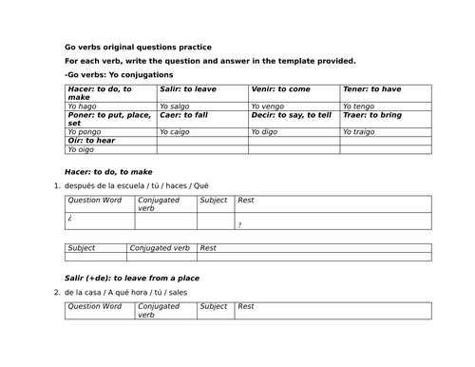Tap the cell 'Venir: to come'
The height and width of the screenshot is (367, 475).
[x=280, y=89]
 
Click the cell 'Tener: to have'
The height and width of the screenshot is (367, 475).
[x=371, y=89]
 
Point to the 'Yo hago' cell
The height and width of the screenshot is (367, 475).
[x=84, y=106]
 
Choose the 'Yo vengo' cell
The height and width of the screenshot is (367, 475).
[x=269, y=106]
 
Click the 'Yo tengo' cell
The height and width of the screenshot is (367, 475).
[x=359, y=106]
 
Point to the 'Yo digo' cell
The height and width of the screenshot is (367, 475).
[x=266, y=132]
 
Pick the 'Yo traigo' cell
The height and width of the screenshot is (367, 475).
[x=361, y=132]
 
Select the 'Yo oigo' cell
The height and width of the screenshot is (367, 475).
[x=82, y=149]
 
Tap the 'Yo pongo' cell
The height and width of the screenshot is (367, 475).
[x=85, y=132]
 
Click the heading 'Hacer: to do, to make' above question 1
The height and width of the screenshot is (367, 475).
[x=108, y=172]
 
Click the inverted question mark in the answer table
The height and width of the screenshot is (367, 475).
[x=70, y=218]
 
